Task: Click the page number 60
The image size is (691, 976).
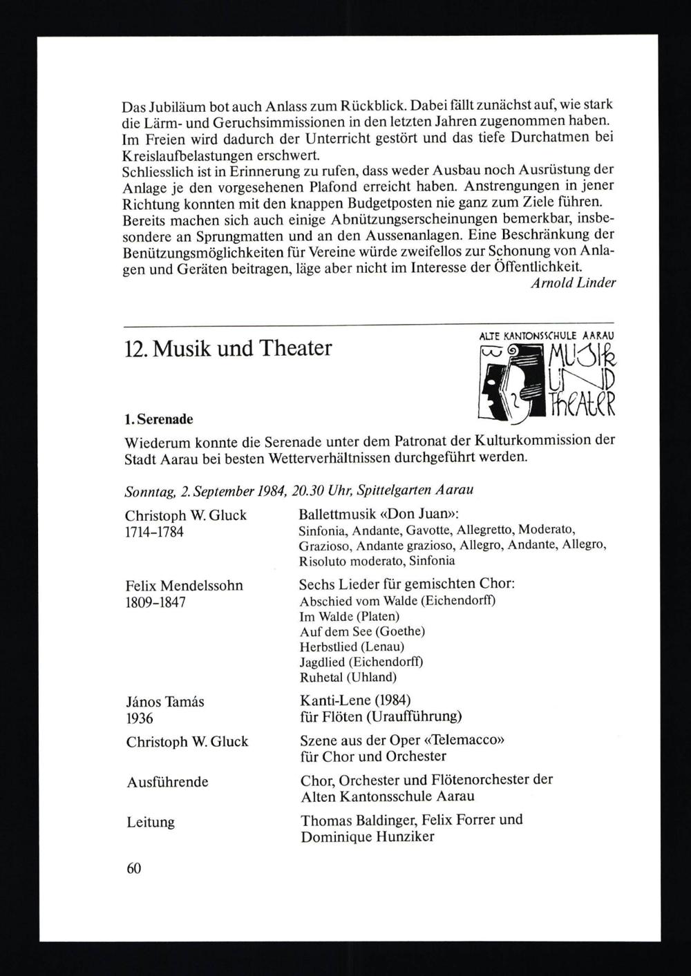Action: tap(133, 868)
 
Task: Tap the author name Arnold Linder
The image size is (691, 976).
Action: tap(573, 283)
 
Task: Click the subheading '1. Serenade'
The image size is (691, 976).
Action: tap(158, 419)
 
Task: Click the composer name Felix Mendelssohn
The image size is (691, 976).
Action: tap(184, 585)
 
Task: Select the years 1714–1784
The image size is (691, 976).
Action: tap(155, 532)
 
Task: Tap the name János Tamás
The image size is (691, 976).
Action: tap(165, 701)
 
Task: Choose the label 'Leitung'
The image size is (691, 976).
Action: tap(151, 822)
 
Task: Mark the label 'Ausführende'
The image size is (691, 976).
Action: tap(167, 782)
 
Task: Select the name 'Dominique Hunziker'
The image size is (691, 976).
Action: tap(366, 836)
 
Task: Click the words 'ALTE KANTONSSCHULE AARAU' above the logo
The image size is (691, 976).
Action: tap(546, 336)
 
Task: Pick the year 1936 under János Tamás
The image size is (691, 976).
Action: tap(140, 718)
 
